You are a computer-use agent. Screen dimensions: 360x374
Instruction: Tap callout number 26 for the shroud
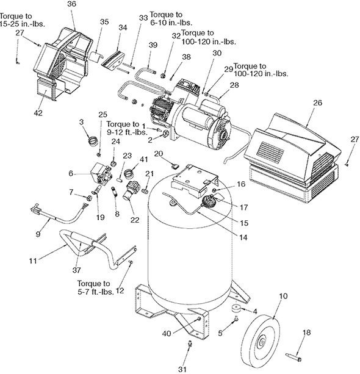(x=317, y=102)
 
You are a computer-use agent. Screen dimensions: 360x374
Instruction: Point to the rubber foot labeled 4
(x=236, y=308)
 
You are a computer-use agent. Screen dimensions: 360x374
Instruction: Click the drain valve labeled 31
(x=190, y=345)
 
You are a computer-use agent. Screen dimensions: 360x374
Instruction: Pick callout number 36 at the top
(x=71, y=4)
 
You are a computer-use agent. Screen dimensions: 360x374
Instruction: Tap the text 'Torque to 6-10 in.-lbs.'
(x=171, y=18)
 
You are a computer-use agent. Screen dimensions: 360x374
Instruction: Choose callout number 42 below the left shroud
(x=38, y=112)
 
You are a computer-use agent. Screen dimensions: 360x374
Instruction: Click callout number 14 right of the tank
(x=243, y=237)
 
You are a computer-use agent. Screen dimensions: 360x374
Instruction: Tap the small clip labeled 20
(x=175, y=165)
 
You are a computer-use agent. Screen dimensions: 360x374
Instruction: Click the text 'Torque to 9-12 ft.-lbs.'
(x=127, y=128)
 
